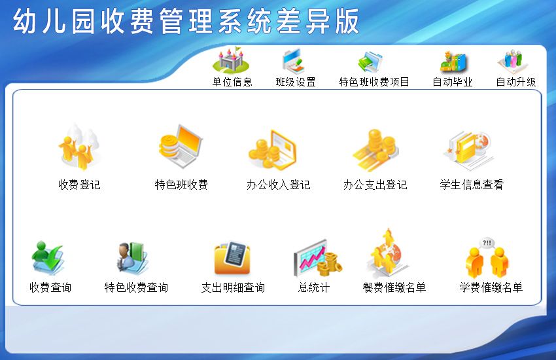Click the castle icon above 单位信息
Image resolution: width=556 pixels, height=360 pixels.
230,60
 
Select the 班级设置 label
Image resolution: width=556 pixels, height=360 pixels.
296,82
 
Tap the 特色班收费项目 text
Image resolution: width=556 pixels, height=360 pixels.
374,82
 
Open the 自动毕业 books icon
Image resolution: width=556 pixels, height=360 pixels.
454,62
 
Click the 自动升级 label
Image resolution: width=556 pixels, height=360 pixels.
516,82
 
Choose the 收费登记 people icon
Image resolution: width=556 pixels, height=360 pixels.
78,147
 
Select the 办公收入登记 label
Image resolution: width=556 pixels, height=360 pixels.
279,185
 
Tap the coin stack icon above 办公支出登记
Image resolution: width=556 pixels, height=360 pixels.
376,150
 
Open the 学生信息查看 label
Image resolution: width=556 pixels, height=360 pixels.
472,185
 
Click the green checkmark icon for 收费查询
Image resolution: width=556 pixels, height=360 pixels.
48,258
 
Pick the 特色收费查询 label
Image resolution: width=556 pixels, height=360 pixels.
136,287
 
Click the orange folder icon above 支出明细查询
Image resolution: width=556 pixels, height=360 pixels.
233,258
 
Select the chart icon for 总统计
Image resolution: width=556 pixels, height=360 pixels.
318,259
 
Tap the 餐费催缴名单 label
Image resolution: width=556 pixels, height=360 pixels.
394,287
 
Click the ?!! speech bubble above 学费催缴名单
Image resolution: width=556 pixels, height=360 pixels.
487,243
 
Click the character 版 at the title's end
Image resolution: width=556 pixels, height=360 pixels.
347,22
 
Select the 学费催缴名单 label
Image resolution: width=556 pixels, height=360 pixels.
491,287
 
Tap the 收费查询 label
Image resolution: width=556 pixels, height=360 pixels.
50,287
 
